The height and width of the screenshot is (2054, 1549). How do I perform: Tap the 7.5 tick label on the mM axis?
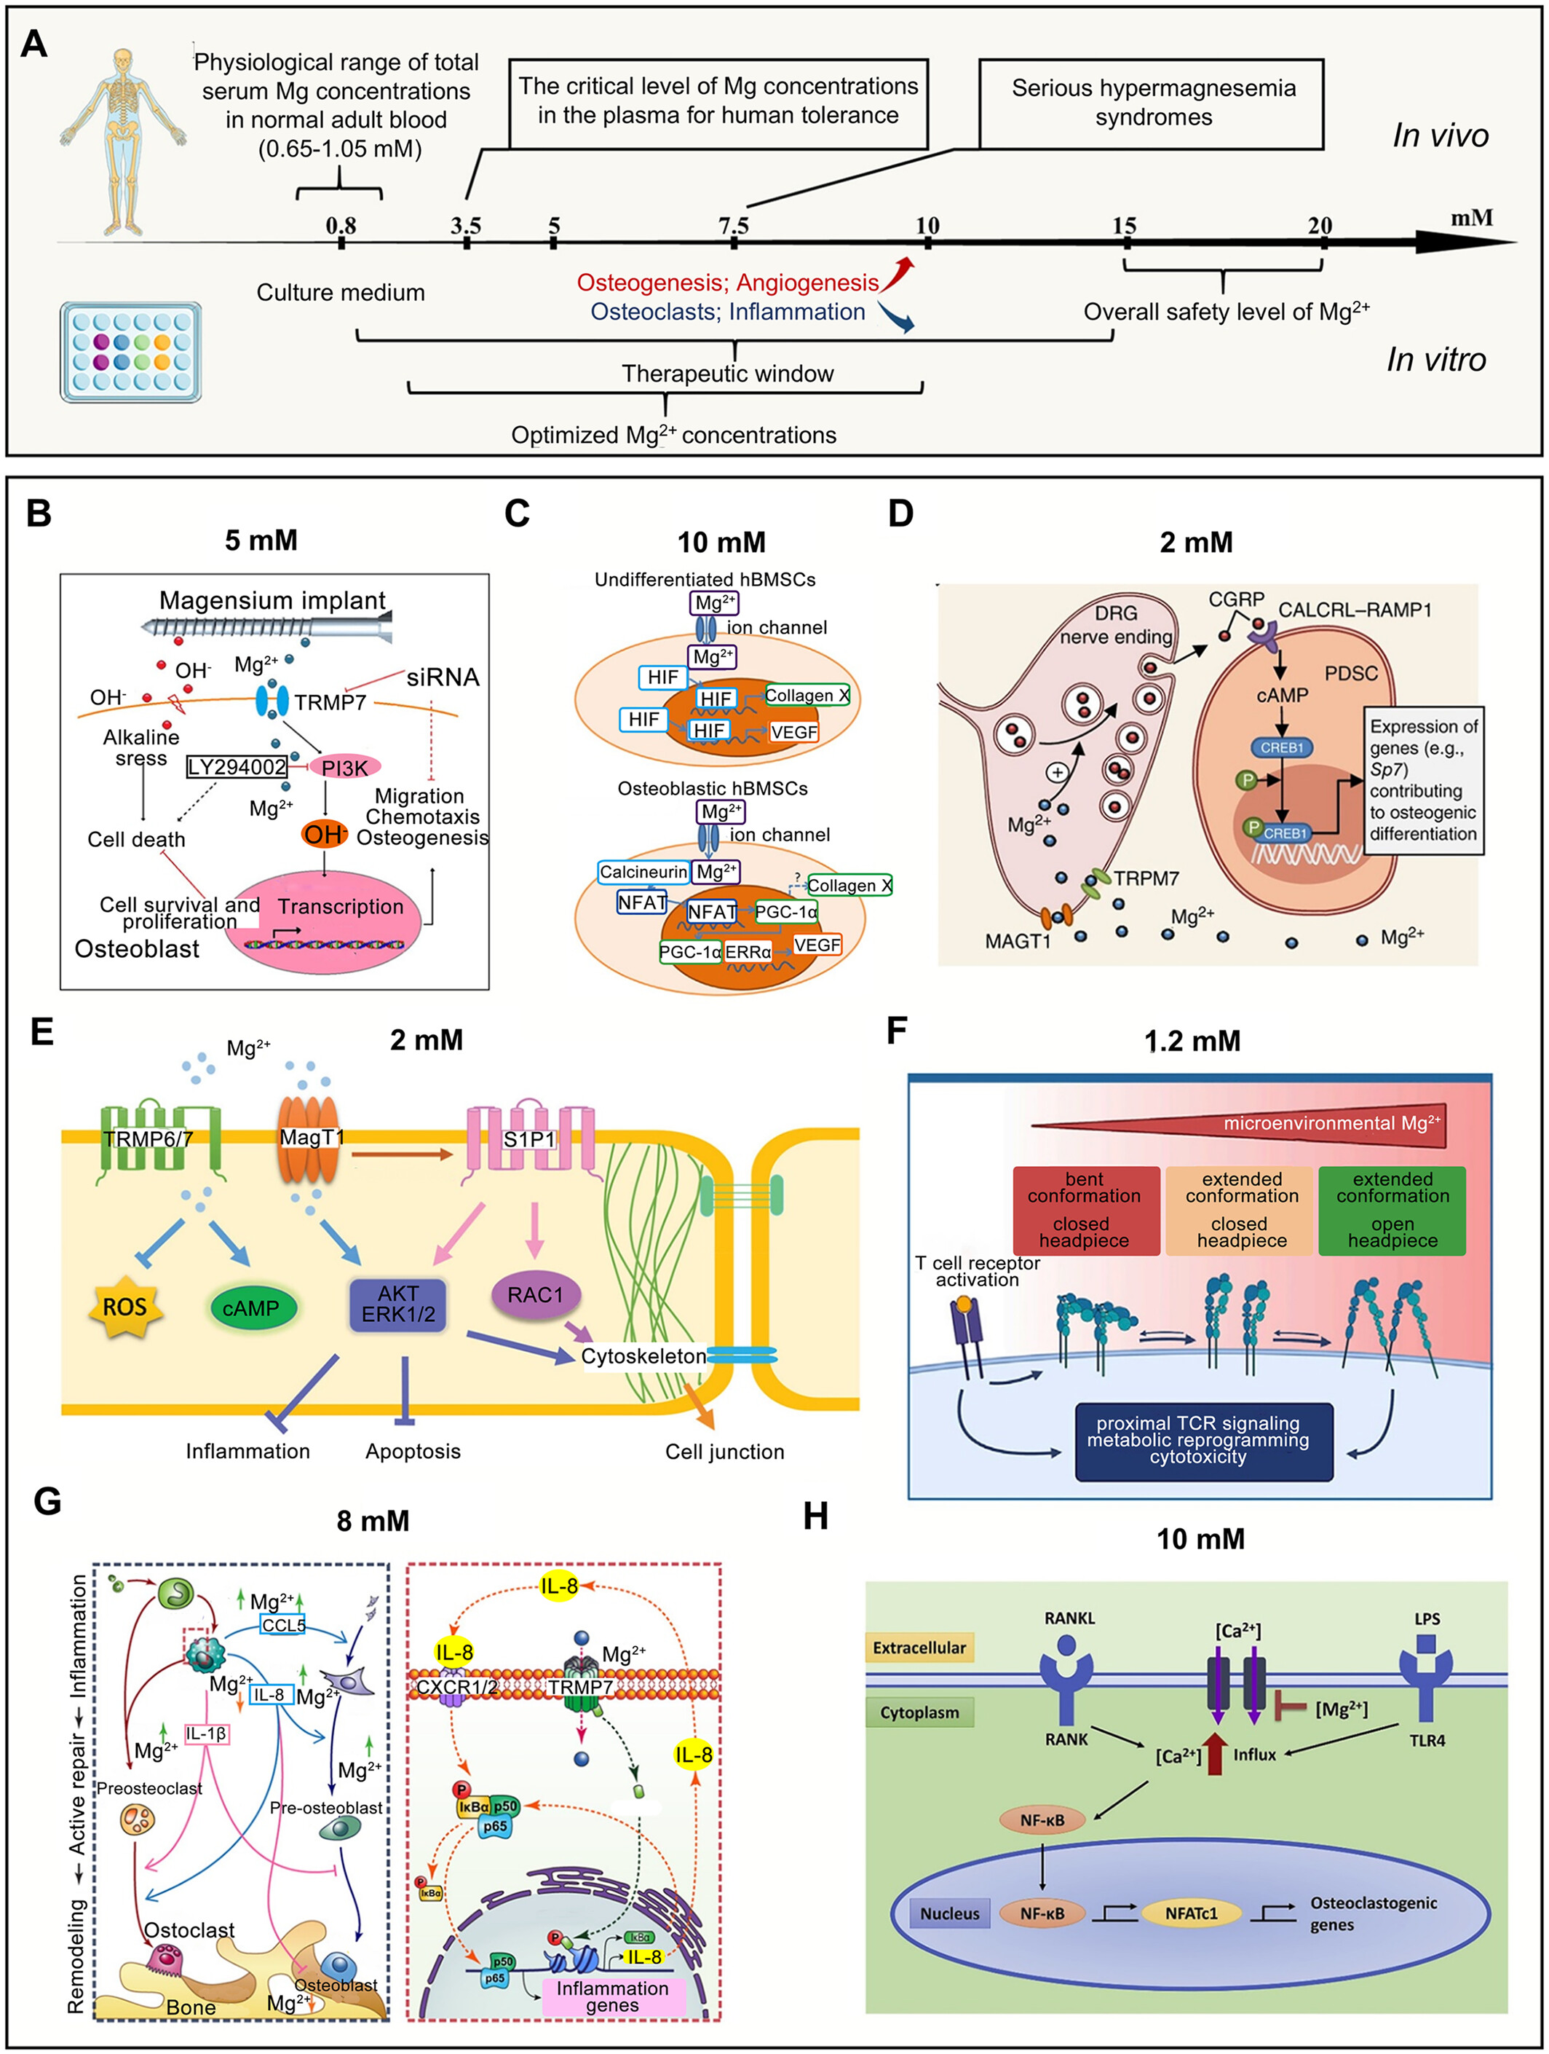(733, 226)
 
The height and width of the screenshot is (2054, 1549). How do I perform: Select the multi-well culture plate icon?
(130, 351)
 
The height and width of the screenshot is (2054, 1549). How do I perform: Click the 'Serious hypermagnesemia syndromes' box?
(1152, 103)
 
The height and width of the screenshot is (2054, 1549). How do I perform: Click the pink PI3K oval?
(344, 768)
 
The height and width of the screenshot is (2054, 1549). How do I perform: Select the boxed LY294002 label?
(237, 767)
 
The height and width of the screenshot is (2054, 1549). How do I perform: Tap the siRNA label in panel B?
(443, 678)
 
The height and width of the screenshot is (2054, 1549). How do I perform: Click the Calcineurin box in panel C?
(643, 872)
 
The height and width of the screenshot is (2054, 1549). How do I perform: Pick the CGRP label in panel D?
(1236, 600)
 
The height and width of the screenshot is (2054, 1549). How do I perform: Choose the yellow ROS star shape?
(124, 1307)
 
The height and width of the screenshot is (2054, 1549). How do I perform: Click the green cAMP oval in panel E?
(250, 1308)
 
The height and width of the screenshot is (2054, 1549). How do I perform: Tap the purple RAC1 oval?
(536, 1294)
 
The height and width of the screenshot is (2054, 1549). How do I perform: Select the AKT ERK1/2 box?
(398, 1305)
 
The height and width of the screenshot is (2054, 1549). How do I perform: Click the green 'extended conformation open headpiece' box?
(1392, 1211)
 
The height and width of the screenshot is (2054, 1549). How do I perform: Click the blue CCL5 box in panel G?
(283, 1625)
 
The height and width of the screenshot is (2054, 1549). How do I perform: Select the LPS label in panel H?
(1427, 1618)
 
